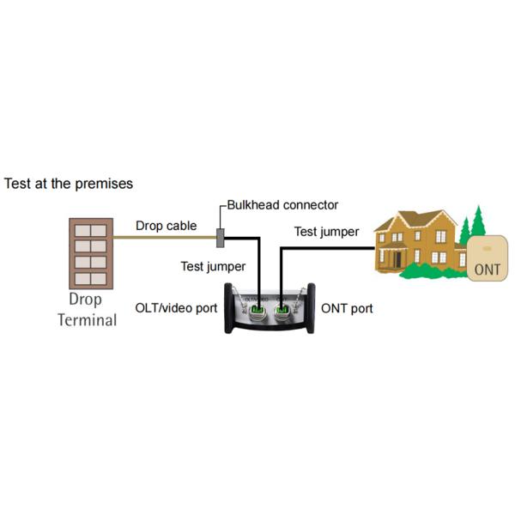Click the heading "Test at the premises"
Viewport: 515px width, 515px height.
[x=69, y=184]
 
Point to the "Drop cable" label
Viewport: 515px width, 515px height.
[x=166, y=227]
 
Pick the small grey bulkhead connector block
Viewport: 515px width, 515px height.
[x=221, y=237]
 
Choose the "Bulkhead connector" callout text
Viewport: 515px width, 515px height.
[x=282, y=205]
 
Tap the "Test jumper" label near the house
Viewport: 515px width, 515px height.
[x=326, y=232]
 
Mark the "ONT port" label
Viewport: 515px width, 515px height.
[x=347, y=307]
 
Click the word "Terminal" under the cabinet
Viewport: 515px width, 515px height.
[x=87, y=320]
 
